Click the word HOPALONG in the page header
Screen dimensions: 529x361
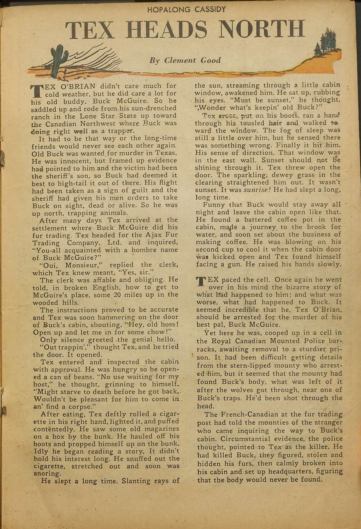pyautogui.click(x=169, y=10)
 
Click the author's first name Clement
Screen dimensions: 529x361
pyautogui.click(x=180, y=60)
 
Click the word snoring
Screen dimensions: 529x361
pyautogui.click(x=47, y=474)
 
